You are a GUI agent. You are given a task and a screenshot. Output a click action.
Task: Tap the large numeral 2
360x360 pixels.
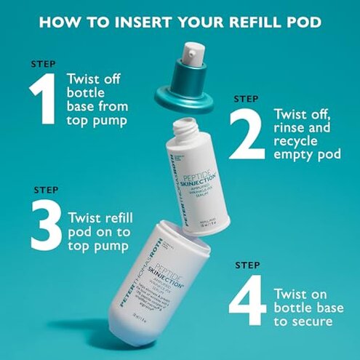pyautogui.click(x=248, y=132)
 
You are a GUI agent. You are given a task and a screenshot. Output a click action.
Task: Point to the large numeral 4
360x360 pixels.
pyautogui.click(x=248, y=300)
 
